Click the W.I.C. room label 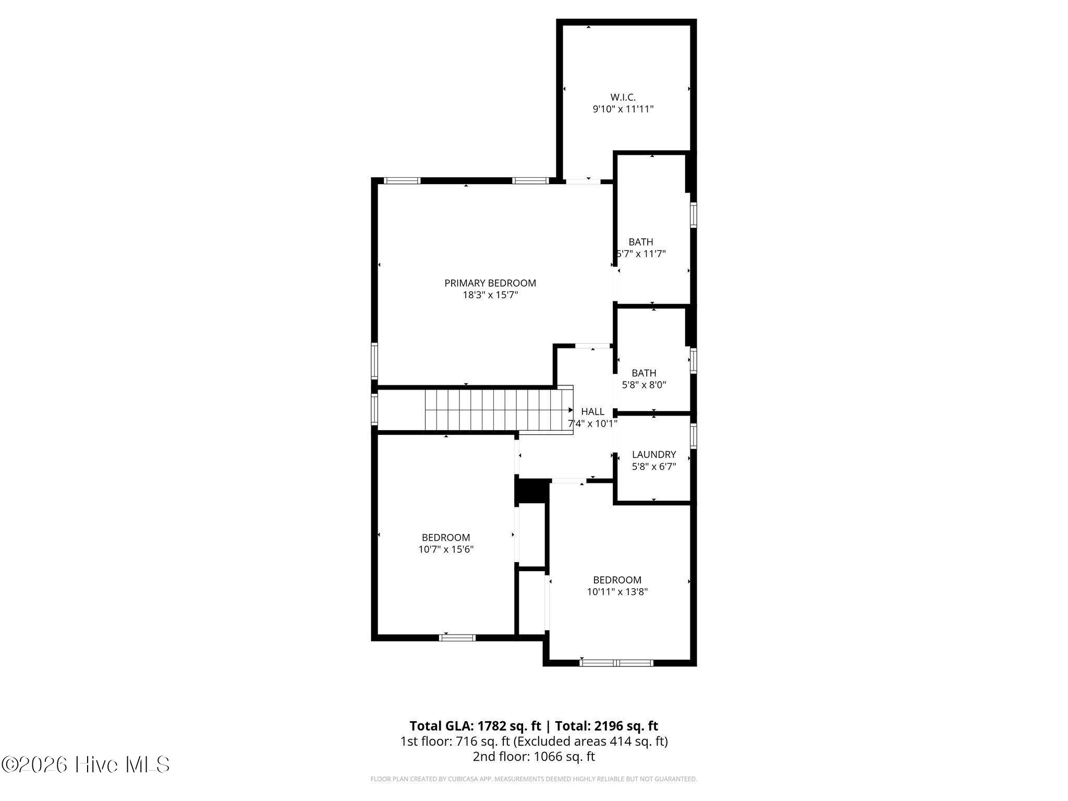tap(623, 97)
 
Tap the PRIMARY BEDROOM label tap(490, 283)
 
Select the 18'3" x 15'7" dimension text tap(490, 295)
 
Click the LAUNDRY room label tap(654, 455)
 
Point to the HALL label tap(592, 412)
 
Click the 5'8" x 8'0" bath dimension tap(644, 385)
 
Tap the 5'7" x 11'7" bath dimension tap(641, 254)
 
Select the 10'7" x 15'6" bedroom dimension tap(446, 549)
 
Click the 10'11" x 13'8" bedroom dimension tap(617, 592)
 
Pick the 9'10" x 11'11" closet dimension tap(623, 110)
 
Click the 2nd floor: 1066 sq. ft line tap(534, 757)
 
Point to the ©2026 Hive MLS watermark tap(86, 765)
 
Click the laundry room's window tap(694, 436)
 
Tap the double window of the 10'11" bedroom tap(616, 663)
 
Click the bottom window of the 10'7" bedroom tap(457, 637)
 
